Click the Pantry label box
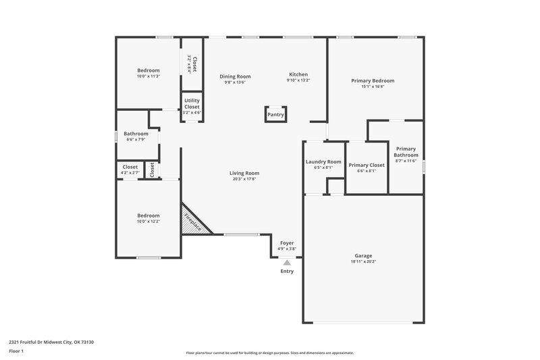pos(275,115)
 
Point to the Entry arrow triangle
pos(287,263)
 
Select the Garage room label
pos(363,256)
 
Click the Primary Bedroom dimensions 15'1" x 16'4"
pos(373,86)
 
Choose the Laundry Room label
pos(323,162)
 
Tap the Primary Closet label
pos(367,165)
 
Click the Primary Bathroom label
pos(406,152)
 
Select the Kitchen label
pos(298,74)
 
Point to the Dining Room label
pos(235,76)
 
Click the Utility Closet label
pos(192,103)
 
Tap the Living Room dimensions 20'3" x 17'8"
pos(244,179)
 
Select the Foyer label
pos(287,242)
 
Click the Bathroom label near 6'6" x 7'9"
pos(137,134)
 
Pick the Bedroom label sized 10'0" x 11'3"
pos(148,70)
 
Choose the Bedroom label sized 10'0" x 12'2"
pos(148,215)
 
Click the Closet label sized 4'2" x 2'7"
pos(130,167)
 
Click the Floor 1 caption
pos(17,352)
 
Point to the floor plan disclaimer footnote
pos(269,353)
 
